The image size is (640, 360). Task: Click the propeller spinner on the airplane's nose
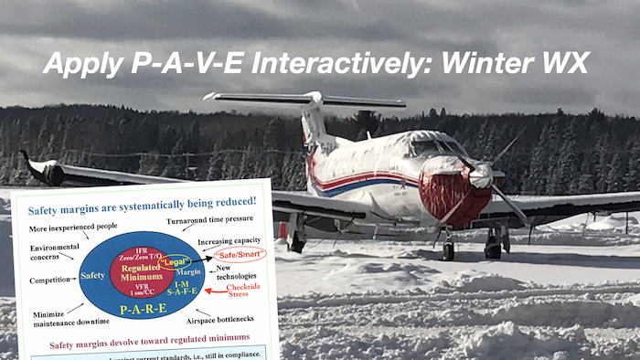(x=481, y=176)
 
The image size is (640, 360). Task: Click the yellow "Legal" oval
(x=171, y=261)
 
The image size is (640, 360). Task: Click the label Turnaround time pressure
(x=209, y=223)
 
